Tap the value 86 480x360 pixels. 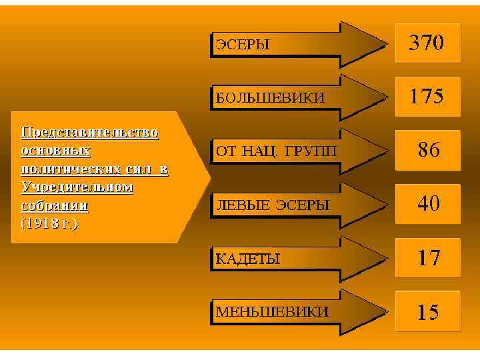pos(428,150)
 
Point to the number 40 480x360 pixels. pos(428,203)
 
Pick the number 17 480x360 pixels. pos(428,257)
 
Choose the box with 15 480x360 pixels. pos(428,311)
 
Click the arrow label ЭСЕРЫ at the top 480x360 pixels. pos(242,45)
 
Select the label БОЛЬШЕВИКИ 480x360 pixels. pos(270,98)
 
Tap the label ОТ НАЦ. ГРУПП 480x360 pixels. pos(275,151)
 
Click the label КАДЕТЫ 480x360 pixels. pos(247,259)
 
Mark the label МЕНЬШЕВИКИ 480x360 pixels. pos(272,312)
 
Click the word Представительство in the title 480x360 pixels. pos(89,133)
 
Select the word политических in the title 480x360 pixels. pos(71,169)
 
